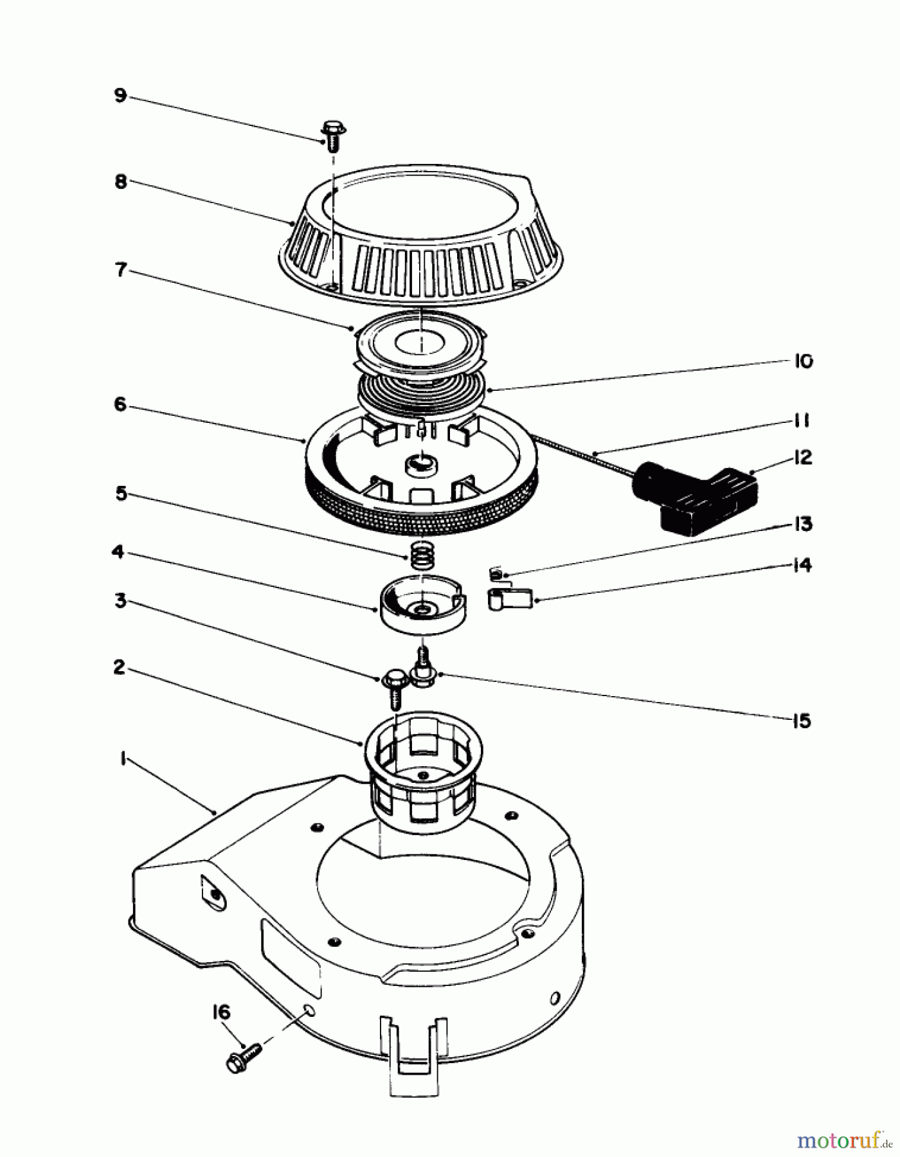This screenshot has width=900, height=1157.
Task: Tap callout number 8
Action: (120, 182)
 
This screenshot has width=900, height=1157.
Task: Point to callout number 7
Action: (120, 271)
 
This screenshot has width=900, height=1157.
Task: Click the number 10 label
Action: (802, 361)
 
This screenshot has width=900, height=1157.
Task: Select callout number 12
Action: (802, 458)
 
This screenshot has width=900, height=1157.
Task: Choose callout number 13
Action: (802, 524)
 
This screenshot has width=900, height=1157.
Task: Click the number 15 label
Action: (802, 721)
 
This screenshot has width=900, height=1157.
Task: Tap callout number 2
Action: (120, 668)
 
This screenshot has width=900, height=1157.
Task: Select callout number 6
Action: (120, 406)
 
